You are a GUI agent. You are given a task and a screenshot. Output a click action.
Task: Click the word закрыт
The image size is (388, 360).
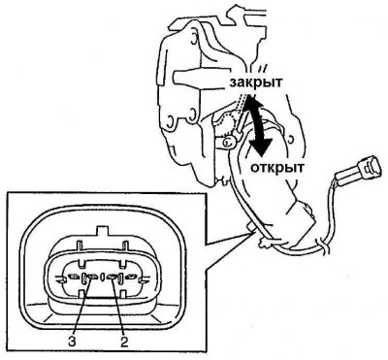(255, 82)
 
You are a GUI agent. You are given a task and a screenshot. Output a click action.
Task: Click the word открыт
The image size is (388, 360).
(277, 167)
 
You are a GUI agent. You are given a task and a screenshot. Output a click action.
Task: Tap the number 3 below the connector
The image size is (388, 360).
(72, 342)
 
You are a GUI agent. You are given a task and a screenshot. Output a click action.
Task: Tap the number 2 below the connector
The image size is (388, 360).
(124, 342)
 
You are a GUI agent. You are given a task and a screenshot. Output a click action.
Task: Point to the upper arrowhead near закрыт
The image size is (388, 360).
(248, 103)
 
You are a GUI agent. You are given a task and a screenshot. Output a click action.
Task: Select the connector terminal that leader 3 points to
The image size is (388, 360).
(93, 278)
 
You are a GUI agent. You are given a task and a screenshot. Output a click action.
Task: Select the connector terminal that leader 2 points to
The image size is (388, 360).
(113, 278)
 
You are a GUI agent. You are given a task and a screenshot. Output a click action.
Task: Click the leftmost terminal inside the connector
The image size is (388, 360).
(74, 278)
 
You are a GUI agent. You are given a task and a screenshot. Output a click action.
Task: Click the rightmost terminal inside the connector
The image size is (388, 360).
(132, 278)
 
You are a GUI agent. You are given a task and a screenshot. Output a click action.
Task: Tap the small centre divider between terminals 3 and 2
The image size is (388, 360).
(103, 278)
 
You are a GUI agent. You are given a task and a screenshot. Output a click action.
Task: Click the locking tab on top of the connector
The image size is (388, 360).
(103, 232)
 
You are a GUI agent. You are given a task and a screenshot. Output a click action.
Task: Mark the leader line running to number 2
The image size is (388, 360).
(118, 306)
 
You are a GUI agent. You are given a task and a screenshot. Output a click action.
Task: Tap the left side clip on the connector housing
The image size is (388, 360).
(61, 279)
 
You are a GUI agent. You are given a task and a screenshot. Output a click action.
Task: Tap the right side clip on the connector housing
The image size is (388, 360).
(145, 279)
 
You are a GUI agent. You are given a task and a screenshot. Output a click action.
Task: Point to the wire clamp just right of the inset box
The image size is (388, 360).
(265, 242)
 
